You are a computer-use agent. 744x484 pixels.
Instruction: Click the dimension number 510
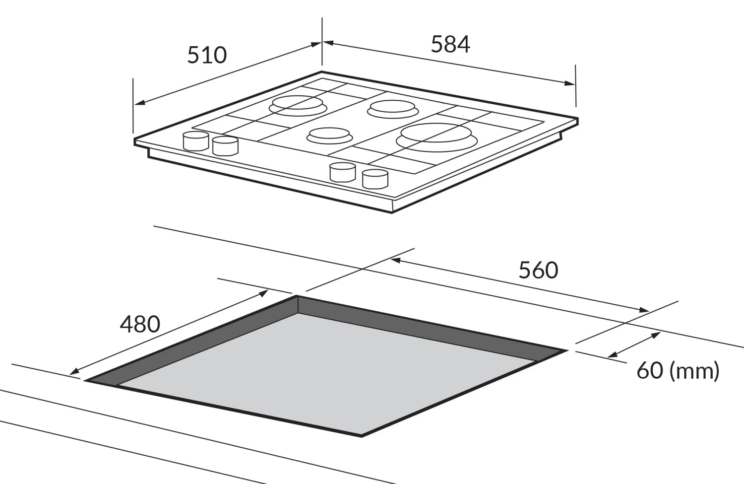point(207,55)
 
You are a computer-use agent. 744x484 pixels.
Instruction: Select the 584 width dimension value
point(450,44)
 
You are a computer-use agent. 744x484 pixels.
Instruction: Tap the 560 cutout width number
point(538,271)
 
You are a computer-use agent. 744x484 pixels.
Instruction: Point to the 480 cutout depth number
point(140,325)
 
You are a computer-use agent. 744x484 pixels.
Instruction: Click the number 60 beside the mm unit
point(650,370)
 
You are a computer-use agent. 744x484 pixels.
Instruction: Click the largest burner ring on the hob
point(436,137)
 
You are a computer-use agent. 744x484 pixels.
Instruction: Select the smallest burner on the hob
point(329,135)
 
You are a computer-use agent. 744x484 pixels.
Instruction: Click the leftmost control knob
point(196,141)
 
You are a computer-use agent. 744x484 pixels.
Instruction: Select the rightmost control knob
point(375,179)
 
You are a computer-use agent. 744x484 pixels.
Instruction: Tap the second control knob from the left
point(225,146)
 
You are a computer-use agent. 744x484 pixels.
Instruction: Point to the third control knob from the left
point(343,172)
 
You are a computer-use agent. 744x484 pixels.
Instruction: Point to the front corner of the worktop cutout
point(362,436)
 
